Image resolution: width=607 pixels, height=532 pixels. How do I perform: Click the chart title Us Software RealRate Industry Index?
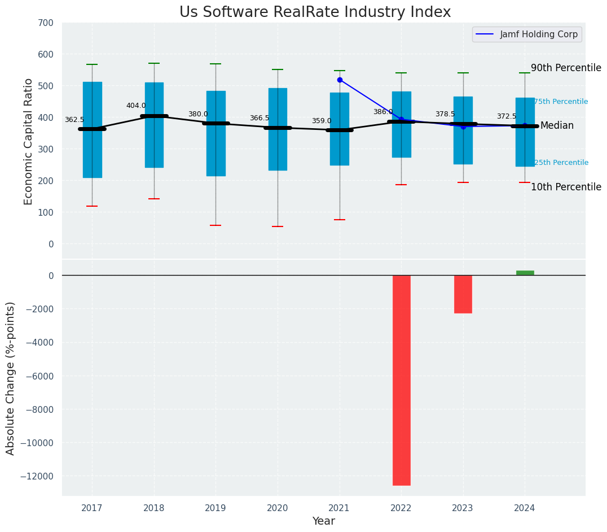click(x=315, y=12)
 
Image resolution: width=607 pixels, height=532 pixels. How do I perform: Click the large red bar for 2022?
click(x=401, y=380)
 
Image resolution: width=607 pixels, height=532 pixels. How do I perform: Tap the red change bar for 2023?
click(x=463, y=294)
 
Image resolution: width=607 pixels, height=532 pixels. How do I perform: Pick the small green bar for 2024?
click(x=525, y=273)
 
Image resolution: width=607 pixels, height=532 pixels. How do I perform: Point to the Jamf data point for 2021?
click(x=340, y=80)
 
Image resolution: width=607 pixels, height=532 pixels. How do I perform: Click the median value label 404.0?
click(x=136, y=106)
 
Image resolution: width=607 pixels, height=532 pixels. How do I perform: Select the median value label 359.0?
click(x=322, y=121)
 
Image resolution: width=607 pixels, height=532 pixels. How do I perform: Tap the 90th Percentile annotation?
click(x=566, y=68)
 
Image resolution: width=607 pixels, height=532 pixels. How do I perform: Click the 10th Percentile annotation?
click(x=566, y=187)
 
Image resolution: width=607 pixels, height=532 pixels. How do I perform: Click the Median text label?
click(x=557, y=126)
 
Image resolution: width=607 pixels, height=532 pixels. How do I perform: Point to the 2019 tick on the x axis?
click(x=215, y=508)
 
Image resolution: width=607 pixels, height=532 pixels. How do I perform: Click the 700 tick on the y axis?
click(x=46, y=23)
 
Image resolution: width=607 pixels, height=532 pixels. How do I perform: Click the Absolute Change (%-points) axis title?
click(x=11, y=378)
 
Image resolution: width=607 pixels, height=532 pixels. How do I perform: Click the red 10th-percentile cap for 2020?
click(x=278, y=226)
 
